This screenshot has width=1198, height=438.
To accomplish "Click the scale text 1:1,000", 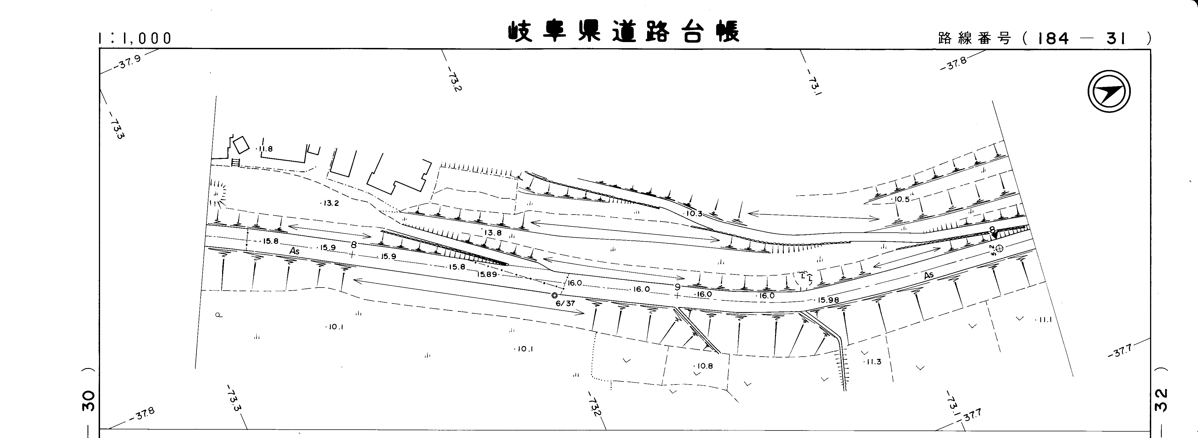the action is pos(135,38).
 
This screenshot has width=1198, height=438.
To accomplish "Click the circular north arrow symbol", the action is pos(1109,92).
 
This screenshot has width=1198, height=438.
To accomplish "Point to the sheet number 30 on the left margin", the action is pos(88,401).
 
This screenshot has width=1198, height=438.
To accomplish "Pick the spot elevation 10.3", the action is pos(694,213).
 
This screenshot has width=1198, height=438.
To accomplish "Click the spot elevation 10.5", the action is pos(901,199).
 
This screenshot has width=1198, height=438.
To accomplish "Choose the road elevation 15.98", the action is pos(828,300).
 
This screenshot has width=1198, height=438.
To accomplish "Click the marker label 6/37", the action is pos(565,303).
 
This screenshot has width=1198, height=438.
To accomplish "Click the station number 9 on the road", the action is pos(678,287).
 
